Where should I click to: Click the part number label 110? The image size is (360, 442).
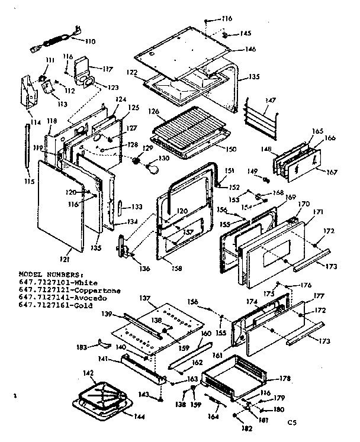[x=89, y=41]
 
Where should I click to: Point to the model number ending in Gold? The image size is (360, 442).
[x=52, y=305]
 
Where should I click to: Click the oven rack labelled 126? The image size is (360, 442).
[x=189, y=129]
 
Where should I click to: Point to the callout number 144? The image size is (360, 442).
[x=139, y=417]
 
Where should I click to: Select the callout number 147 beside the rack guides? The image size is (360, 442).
[x=270, y=102]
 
